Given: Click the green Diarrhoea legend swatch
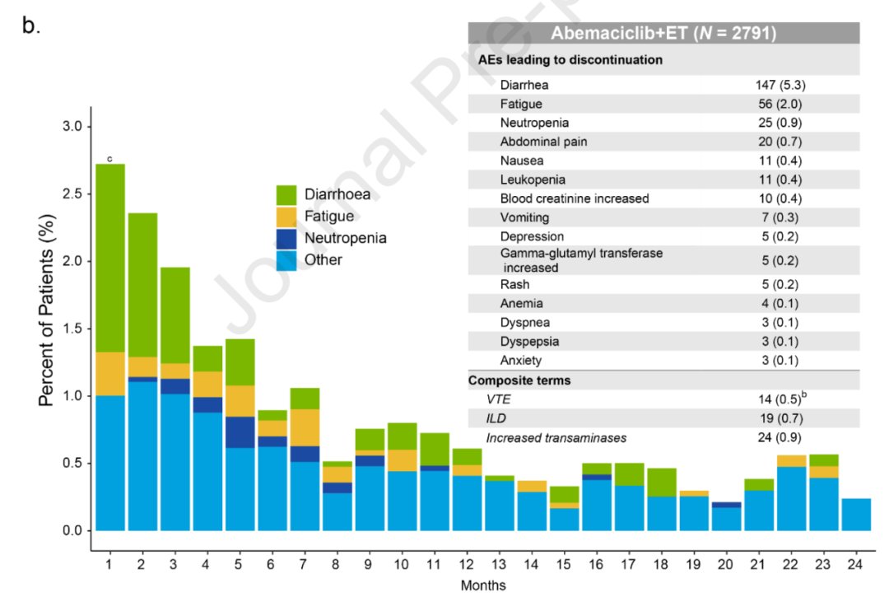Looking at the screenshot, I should click(x=286, y=195).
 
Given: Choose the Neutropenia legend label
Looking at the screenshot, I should click(x=345, y=238).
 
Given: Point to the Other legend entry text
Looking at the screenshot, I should click(x=323, y=260).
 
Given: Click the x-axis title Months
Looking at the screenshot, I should click(x=483, y=585).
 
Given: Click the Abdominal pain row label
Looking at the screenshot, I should click(x=543, y=142).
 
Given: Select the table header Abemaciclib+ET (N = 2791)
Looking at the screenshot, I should click(x=663, y=34).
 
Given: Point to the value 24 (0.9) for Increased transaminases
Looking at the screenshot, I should click(x=778, y=437).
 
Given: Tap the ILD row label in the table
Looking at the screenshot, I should click(x=496, y=419).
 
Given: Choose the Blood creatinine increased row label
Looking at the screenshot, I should click(x=574, y=198).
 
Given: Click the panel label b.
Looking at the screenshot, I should click(x=31, y=26).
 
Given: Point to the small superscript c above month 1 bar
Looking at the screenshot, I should click(x=109, y=159).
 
